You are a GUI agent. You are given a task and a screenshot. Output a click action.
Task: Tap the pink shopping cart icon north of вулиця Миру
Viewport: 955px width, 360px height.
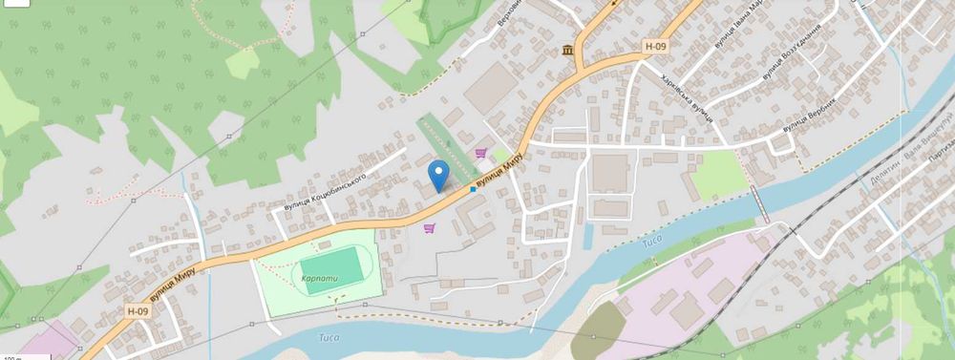pos(480,152)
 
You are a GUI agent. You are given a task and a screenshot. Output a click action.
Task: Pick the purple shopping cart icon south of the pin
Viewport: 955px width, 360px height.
pos(430,227)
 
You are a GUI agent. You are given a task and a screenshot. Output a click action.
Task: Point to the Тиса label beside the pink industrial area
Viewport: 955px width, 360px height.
pos(651,243)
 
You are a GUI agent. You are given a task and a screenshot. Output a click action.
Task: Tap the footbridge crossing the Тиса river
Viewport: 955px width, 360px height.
pos(758,201)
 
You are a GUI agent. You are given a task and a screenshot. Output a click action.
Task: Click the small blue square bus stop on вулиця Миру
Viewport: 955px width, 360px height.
pos(473,189)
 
